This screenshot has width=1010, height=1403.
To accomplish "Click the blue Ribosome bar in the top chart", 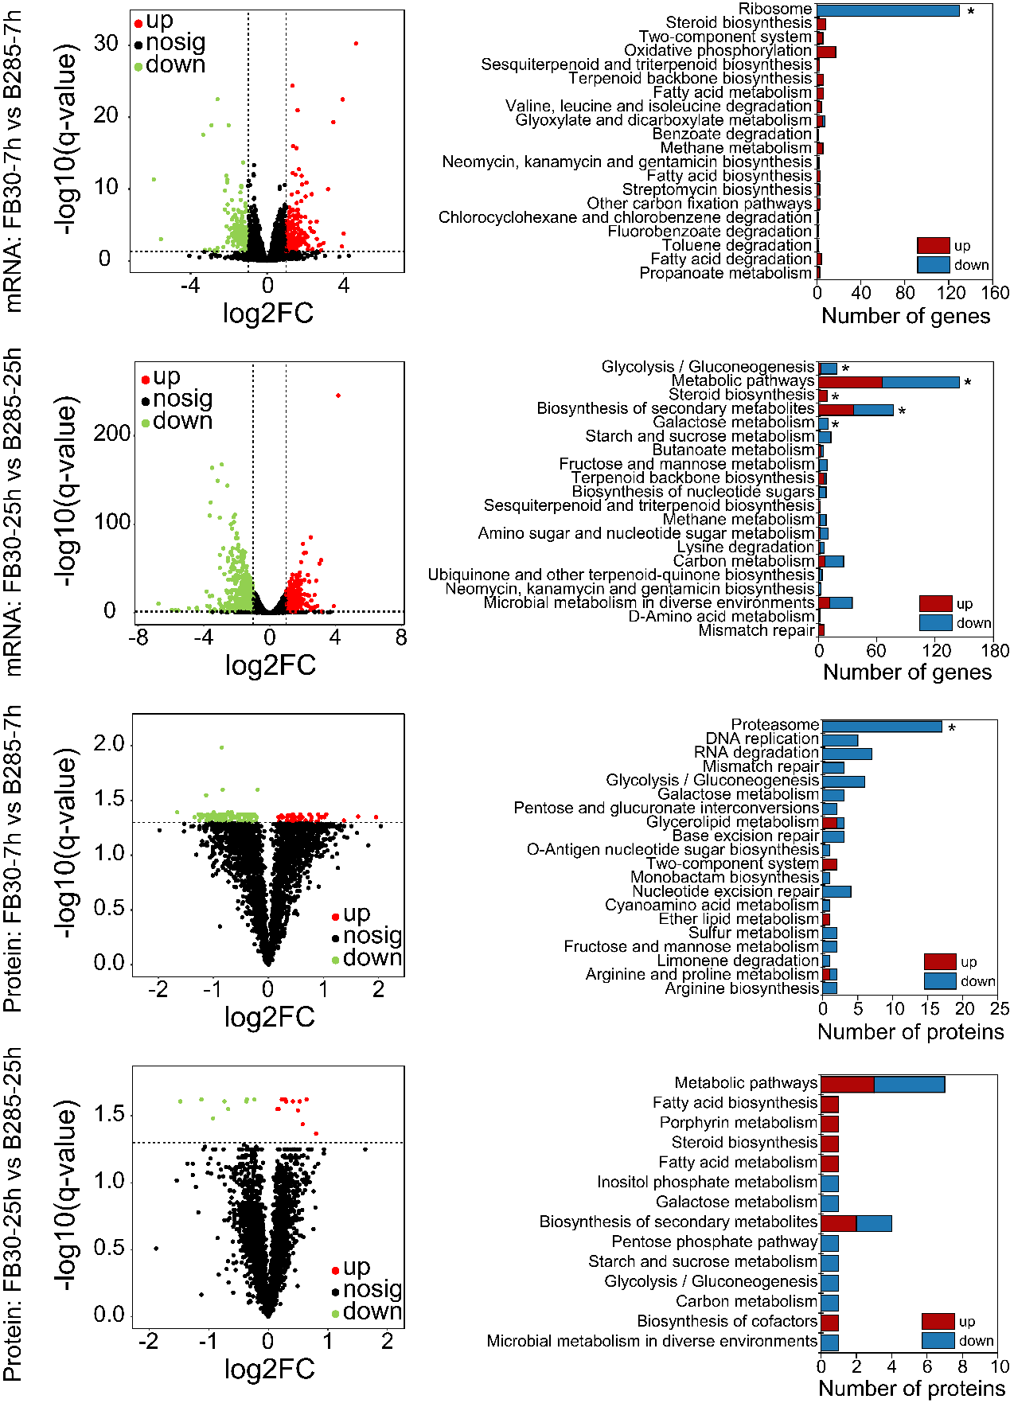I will point(888,10).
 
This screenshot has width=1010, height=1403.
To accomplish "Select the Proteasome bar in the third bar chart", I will point(882,727).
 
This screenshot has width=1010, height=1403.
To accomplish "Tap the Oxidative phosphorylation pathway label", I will point(717,51).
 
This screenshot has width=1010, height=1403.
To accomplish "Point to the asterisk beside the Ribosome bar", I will point(971,12).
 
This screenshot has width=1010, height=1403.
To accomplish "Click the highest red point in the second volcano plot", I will point(338,396).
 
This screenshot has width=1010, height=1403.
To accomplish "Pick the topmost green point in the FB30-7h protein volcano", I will point(221,747).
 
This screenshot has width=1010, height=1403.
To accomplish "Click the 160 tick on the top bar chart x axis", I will point(995,293).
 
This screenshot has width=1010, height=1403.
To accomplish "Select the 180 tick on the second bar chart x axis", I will point(995,650).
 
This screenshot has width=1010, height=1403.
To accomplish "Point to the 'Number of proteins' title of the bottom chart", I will point(911,1389).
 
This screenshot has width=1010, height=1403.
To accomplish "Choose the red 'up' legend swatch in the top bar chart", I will point(933,246).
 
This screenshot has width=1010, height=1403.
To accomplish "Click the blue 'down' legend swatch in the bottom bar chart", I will point(938,1341).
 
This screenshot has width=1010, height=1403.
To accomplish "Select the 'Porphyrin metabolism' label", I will point(738,1123).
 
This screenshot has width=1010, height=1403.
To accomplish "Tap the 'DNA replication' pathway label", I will point(762,739).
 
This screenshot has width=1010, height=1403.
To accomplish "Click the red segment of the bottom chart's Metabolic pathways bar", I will point(847,1084).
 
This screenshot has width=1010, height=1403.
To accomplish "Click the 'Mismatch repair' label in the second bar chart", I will point(756,631).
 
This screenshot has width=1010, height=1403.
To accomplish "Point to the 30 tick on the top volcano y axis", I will point(106,44).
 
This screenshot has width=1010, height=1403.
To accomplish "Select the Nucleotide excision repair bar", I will point(836,891).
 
